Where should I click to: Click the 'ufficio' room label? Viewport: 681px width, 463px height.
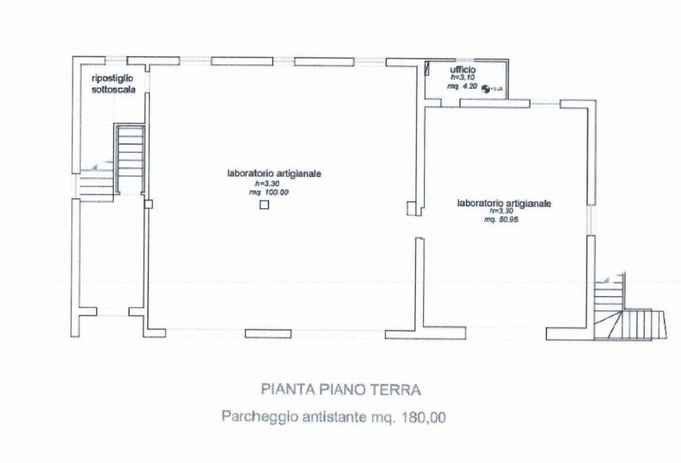click(462, 70)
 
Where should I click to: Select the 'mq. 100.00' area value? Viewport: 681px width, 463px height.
click(269, 192)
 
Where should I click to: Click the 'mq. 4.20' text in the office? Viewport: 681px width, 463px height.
click(462, 86)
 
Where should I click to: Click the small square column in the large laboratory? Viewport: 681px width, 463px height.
click(264, 205)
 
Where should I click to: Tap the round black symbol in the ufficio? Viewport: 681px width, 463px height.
click(485, 89)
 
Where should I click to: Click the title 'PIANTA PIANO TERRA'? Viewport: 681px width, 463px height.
click(340, 390)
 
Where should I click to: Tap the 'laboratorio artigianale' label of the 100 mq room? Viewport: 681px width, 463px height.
click(274, 173)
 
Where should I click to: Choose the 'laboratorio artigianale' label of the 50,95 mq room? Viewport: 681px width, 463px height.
click(504, 203)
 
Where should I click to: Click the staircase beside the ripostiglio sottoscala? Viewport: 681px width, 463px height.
click(129, 158)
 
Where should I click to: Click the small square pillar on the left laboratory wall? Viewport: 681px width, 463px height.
click(148, 204)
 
